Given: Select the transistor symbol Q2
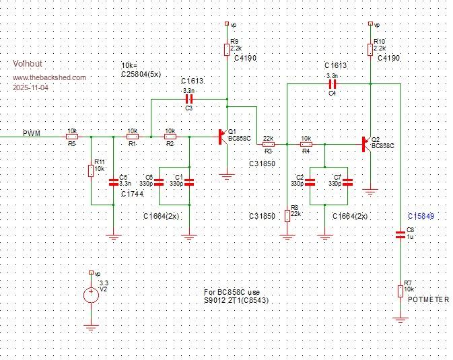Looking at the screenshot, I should [x=367, y=144].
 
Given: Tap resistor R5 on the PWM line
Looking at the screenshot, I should [x=72, y=137].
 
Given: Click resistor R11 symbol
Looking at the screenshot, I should [x=91, y=170].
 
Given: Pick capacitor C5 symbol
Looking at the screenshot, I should [x=113, y=181].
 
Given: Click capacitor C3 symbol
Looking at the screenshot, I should [x=188, y=98].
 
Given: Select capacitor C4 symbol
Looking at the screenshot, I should [x=331, y=84].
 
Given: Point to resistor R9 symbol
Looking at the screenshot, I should [x=227, y=49].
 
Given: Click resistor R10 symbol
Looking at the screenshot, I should [x=370, y=49].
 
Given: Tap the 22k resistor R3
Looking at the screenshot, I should [x=268, y=144].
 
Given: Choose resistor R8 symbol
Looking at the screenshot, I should [x=287, y=215].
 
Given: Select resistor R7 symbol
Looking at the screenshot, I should [x=400, y=291].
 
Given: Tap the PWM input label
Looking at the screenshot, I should [x=32, y=133].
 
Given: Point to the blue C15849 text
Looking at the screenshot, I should [x=421, y=216].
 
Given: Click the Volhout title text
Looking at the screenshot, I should [x=27, y=63].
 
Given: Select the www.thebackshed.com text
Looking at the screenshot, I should [x=49, y=77].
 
